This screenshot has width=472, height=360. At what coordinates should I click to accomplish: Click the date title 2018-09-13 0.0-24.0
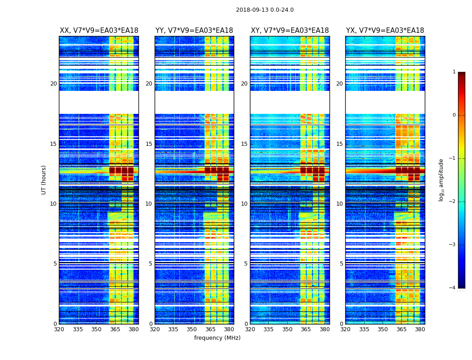click(264, 10)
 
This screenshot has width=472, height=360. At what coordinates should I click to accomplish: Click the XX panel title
click(99, 31)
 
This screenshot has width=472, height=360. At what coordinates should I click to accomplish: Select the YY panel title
click(194, 31)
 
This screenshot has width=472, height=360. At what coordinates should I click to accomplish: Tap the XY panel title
click(289, 31)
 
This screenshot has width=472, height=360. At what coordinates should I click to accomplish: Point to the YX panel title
click(385, 31)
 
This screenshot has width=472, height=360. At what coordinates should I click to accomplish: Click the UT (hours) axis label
click(44, 180)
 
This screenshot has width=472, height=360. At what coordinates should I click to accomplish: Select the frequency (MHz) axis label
click(217, 338)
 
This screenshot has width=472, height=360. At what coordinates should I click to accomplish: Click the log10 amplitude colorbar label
click(441, 180)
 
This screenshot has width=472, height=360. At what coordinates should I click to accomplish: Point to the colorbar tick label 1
click(454, 72)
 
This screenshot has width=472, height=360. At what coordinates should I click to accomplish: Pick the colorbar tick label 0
click(454, 115)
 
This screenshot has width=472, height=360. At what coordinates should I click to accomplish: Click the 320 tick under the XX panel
click(59, 329)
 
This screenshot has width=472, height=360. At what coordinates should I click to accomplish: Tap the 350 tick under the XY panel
click(287, 329)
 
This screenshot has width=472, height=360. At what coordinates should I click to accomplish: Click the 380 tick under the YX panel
click(420, 329)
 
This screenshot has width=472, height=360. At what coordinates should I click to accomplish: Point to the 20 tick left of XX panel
click(53, 84)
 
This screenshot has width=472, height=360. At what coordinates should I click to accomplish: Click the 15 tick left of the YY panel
click(149, 144)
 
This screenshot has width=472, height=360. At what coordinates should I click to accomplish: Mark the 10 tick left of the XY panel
click(244, 204)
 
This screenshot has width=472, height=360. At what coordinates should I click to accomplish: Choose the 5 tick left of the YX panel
click(341, 264)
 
